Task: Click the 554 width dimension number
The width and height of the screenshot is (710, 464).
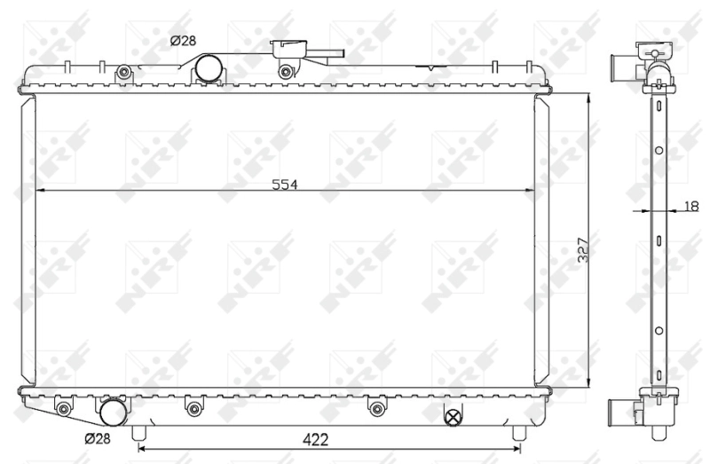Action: click(284, 184)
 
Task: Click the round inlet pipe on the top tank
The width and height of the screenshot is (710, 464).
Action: click(209, 67)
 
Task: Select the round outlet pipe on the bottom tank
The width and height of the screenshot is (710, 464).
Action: click(113, 413)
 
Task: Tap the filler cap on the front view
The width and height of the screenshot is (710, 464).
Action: click(289, 50)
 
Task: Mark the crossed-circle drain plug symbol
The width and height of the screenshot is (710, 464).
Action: click(453, 415)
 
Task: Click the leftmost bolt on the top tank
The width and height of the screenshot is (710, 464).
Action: click(124, 72)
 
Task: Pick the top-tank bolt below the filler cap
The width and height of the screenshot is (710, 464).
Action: click(284, 72)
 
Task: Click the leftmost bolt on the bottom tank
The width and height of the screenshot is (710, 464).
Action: click(63, 409)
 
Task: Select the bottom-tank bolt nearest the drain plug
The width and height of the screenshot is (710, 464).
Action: click(376, 409)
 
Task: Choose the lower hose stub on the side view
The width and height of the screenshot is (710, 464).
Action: click(620, 412)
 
